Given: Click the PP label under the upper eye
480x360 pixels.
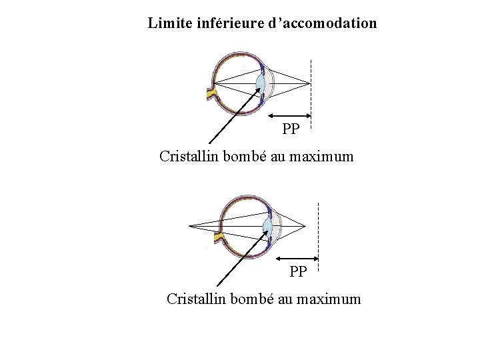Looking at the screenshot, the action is [291, 129].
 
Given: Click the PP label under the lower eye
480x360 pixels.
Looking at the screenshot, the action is [298, 271].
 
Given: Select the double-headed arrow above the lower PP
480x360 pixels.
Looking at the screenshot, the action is [297, 257].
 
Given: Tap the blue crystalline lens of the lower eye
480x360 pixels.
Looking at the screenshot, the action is [267, 226].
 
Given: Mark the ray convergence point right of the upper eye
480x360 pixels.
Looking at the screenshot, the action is [310, 83].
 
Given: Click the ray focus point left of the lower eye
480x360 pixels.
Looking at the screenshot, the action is [189, 226].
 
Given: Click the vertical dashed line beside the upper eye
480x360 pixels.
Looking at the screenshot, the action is [311, 100].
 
